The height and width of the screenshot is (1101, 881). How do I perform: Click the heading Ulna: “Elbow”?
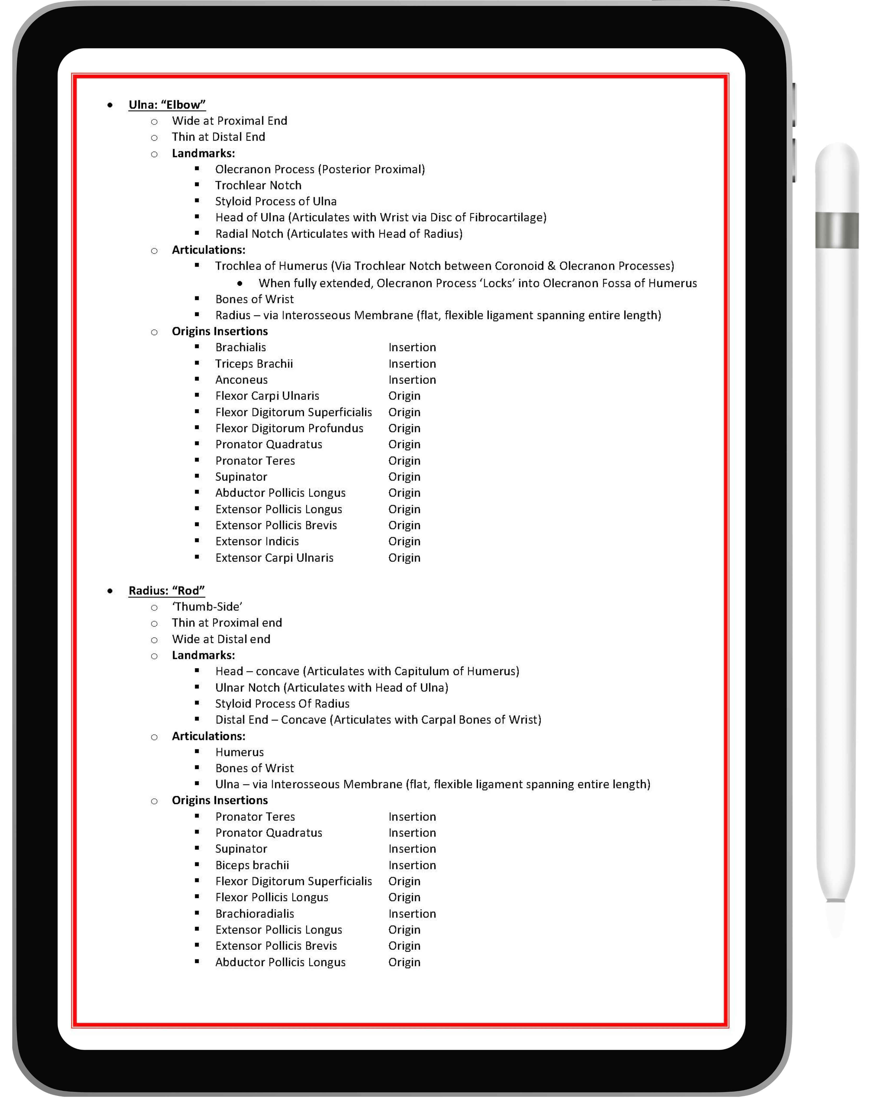(x=167, y=105)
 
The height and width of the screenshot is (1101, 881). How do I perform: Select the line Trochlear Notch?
(x=258, y=185)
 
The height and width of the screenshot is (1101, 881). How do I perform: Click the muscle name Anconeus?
(x=241, y=380)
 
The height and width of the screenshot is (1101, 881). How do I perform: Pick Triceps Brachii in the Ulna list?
(x=254, y=364)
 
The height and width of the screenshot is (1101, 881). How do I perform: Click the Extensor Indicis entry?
(x=257, y=541)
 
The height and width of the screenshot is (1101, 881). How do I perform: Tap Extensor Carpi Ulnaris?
(x=274, y=558)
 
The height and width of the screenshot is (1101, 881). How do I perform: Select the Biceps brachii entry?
(x=252, y=865)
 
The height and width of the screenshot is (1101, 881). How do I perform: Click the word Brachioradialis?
(x=254, y=914)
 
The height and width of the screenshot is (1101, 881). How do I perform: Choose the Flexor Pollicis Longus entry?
(x=272, y=897)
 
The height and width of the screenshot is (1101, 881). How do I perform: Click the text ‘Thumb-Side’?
(x=207, y=607)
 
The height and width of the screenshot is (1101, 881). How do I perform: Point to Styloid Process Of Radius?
(x=282, y=704)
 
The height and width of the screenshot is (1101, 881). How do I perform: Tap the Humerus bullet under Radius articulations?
(x=240, y=752)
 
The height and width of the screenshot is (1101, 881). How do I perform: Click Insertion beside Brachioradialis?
(x=412, y=914)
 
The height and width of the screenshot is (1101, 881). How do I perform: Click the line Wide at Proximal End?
(x=229, y=121)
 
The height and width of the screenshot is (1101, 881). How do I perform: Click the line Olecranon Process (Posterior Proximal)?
(x=320, y=170)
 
